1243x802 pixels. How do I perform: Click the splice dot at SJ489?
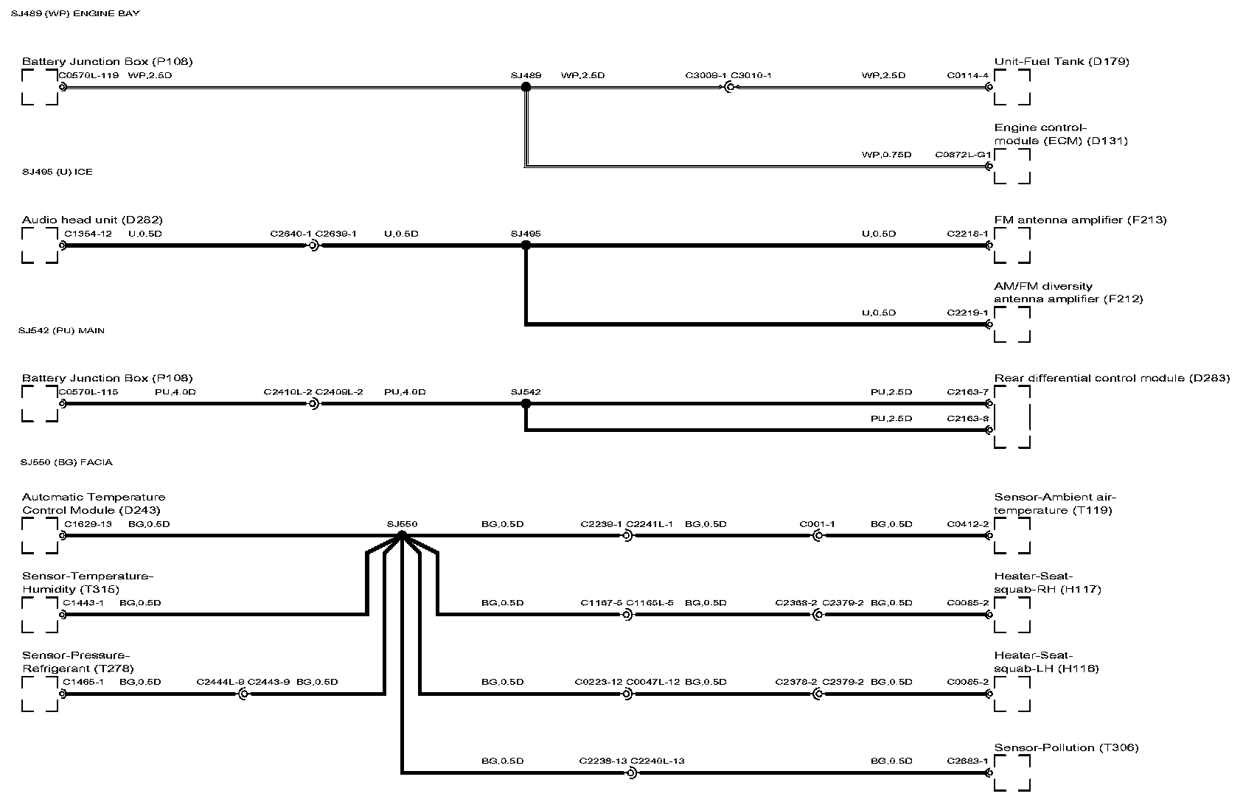click(526, 87)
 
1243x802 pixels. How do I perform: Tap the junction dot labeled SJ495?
click(526, 245)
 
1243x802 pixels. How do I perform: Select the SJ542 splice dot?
click(526, 404)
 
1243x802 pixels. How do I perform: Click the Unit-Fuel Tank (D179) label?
click(1061, 61)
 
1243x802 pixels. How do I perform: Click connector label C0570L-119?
click(88, 75)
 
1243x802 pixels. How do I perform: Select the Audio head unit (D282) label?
click(92, 220)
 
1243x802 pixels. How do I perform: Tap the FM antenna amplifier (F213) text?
click(1080, 220)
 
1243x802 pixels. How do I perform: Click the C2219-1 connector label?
click(967, 313)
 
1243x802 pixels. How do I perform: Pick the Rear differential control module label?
click(1111, 378)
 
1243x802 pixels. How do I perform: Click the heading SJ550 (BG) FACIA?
click(67, 462)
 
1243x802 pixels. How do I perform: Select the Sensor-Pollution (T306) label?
click(1066, 747)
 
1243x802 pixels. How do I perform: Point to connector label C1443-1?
click(83, 602)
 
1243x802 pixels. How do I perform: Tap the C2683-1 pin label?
click(967, 761)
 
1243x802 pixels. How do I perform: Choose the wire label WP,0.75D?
click(886, 155)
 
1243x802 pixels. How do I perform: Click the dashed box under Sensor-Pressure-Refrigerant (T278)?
click(40, 694)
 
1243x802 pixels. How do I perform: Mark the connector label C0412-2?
click(967, 524)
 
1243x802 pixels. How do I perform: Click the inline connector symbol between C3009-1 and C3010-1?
click(729, 87)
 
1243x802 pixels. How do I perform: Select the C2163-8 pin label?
click(967, 419)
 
